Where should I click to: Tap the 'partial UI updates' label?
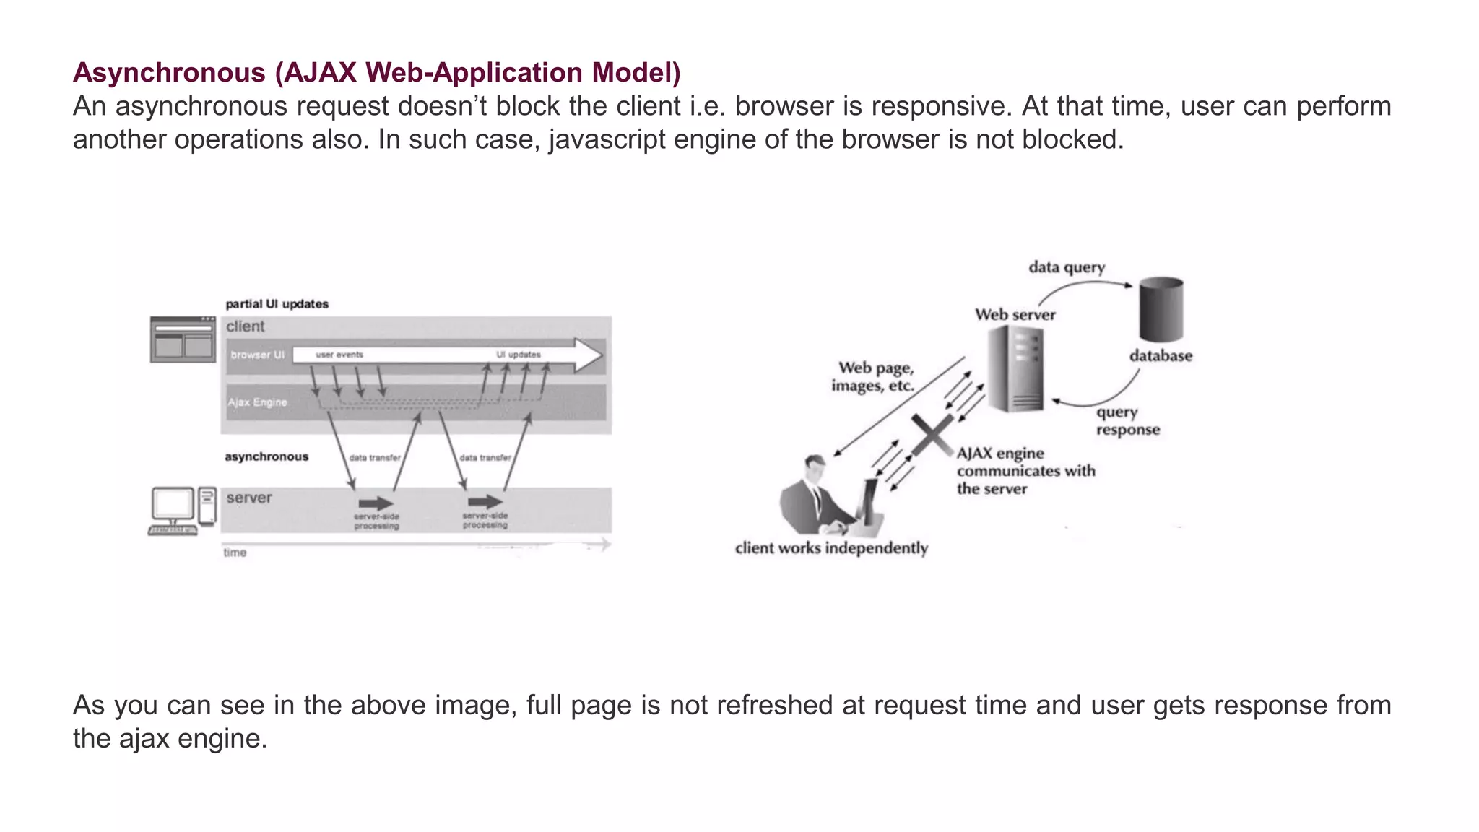pos(277,304)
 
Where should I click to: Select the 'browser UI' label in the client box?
pos(257,355)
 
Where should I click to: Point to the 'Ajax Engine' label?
pos(257,402)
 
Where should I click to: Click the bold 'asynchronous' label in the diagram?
pos(266,456)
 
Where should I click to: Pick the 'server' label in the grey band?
pos(249,498)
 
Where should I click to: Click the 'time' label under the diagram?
pos(235,552)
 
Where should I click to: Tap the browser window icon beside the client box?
pos(183,339)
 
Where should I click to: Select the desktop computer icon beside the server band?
pos(183,510)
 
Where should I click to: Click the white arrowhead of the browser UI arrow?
pos(588,355)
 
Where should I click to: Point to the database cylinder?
pos(1161,308)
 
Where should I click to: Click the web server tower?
pos(1015,368)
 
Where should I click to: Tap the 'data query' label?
pos(1067,267)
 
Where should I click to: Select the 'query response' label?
pos(1127,421)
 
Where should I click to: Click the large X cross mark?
pos(932,435)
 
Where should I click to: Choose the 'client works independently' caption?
pos(831,548)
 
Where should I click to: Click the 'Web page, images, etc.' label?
pos(873,377)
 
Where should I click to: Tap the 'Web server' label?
pos(1015,315)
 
